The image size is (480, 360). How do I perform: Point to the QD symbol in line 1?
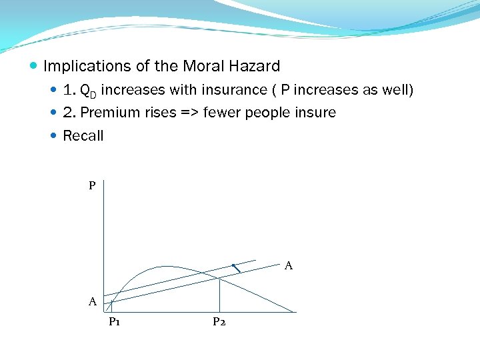click(88, 90)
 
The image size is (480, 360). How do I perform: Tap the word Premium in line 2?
click(107, 113)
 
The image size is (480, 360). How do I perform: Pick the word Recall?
click(83, 136)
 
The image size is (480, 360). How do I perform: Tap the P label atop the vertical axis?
click(92, 185)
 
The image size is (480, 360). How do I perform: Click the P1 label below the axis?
click(114, 322)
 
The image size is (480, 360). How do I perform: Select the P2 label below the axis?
click(219, 322)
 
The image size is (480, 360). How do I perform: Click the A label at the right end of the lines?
click(289, 266)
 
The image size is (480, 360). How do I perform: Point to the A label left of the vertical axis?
click(93, 302)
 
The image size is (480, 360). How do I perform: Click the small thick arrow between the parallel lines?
click(237, 269)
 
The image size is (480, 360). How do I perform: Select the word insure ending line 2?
click(317, 113)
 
